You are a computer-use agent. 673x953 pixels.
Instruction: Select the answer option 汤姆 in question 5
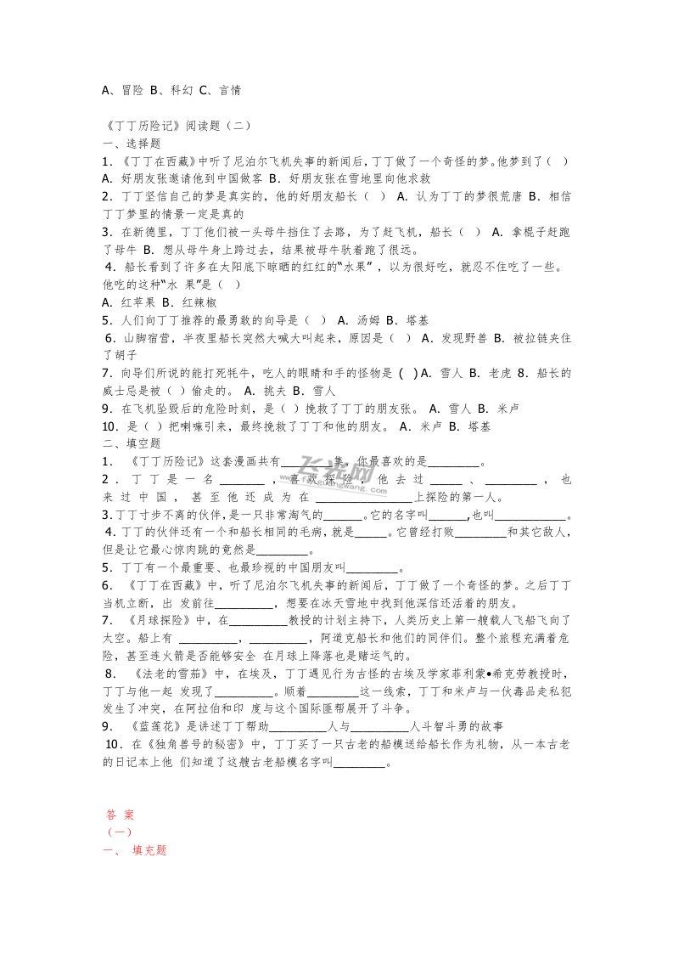(x=368, y=320)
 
